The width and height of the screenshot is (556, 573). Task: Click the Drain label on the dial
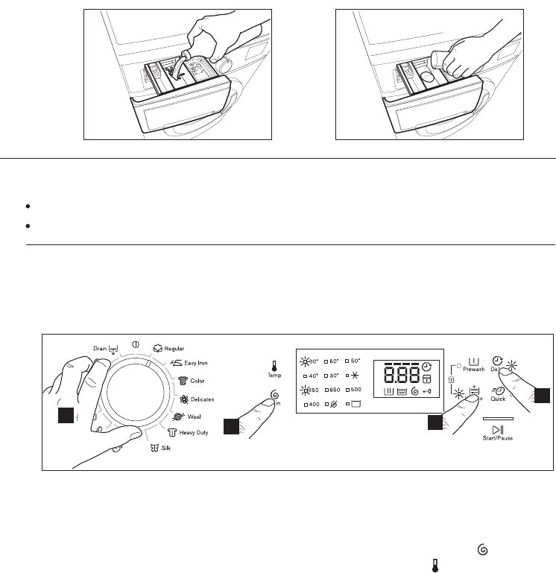pyautogui.click(x=100, y=347)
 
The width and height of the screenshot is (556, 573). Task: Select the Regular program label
pyautogui.click(x=174, y=348)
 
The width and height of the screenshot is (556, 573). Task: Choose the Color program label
pyautogui.click(x=197, y=380)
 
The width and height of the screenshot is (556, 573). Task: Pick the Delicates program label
pyautogui.click(x=202, y=399)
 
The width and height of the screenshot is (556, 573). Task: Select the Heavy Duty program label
pyautogui.click(x=193, y=433)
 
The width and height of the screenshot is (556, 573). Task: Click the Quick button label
pyautogui.click(x=498, y=398)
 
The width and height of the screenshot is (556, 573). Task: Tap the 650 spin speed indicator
pyautogui.click(x=333, y=390)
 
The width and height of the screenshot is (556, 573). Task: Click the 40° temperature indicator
pyautogui.click(x=309, y=376)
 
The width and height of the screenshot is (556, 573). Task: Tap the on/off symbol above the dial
pyautogui.click(x=136, y=345)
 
